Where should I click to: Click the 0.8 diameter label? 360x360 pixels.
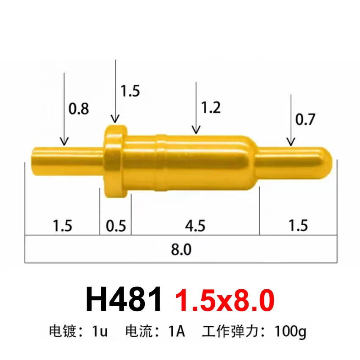point(79,109)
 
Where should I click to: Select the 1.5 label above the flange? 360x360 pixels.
point(130,91)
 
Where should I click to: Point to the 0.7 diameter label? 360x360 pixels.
point(305,120)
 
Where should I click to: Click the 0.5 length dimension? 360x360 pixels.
point(116,226)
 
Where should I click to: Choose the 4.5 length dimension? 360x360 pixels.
point(195,226)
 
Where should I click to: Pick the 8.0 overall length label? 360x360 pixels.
point(181,249)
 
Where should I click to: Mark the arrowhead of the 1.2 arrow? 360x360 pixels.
point(195,130)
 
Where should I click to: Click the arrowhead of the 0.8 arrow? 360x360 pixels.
point(64,142)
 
